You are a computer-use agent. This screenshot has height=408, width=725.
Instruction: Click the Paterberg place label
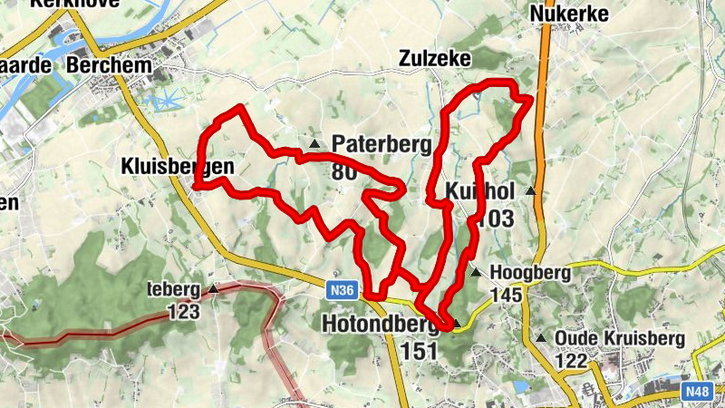[x=371, y=143]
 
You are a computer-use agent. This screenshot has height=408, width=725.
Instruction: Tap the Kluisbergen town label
[x=178, y=166]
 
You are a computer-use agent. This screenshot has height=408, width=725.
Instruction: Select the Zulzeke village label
[x=435, y=59]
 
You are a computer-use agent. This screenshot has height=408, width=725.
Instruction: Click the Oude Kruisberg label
[x=618, y=337]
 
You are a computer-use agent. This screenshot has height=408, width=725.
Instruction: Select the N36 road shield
[x=342, y=291]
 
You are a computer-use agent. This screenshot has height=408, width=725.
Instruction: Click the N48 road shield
[x=696, y=392]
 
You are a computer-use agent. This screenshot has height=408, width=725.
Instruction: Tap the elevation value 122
[x=573, y=360]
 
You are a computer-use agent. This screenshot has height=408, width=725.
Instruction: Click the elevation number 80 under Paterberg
[x=343, y=171]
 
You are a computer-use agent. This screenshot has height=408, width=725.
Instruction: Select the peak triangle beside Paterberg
[x=314, y=144]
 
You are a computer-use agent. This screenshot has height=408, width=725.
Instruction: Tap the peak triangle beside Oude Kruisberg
[x=541, y=338]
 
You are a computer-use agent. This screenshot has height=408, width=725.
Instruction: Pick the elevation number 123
[x=183, y=312]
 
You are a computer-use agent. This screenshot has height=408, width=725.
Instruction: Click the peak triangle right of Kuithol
[x=530, y=192]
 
